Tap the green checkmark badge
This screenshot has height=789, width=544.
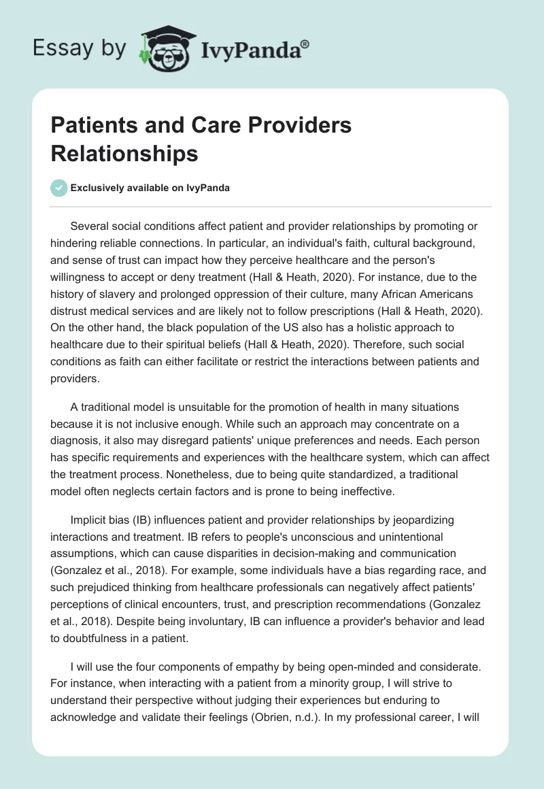59,188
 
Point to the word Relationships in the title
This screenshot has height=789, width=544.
124,154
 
